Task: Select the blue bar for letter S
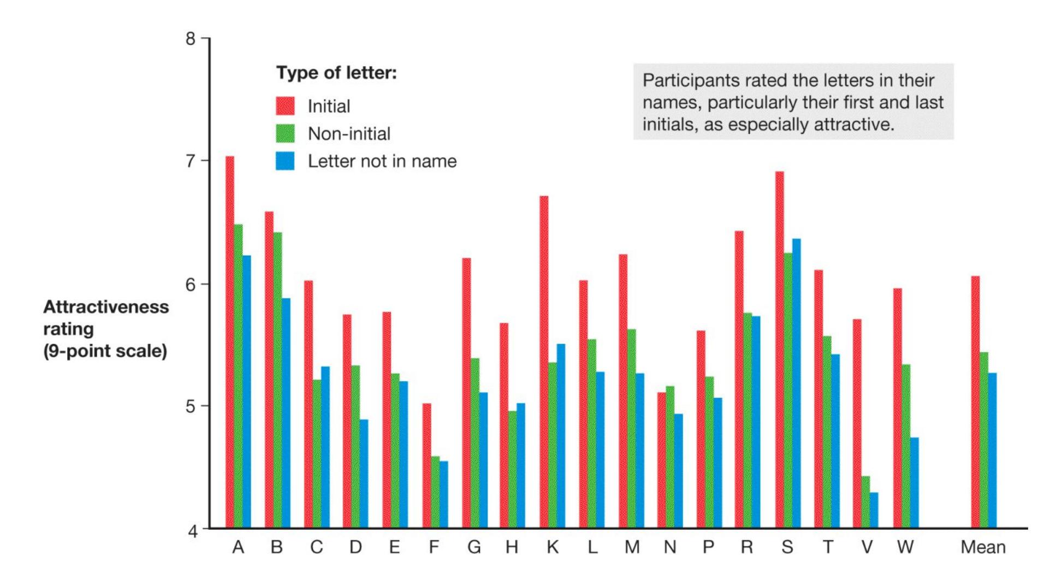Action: [796, 383]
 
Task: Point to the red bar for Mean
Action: [975, 402]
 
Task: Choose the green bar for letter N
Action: [670, 457]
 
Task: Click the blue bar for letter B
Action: [286, 413]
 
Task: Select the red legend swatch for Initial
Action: [285, 106]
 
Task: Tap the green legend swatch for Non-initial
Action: [285, 133]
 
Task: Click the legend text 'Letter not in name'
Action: [382, 161]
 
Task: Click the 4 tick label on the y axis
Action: [193, 530]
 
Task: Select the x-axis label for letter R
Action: [746, 547]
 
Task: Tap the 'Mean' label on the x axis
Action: [983, 547]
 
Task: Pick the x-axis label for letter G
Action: [473, 547]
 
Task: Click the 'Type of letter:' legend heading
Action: [336, 73]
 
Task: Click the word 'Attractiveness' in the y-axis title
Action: [106, 307]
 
